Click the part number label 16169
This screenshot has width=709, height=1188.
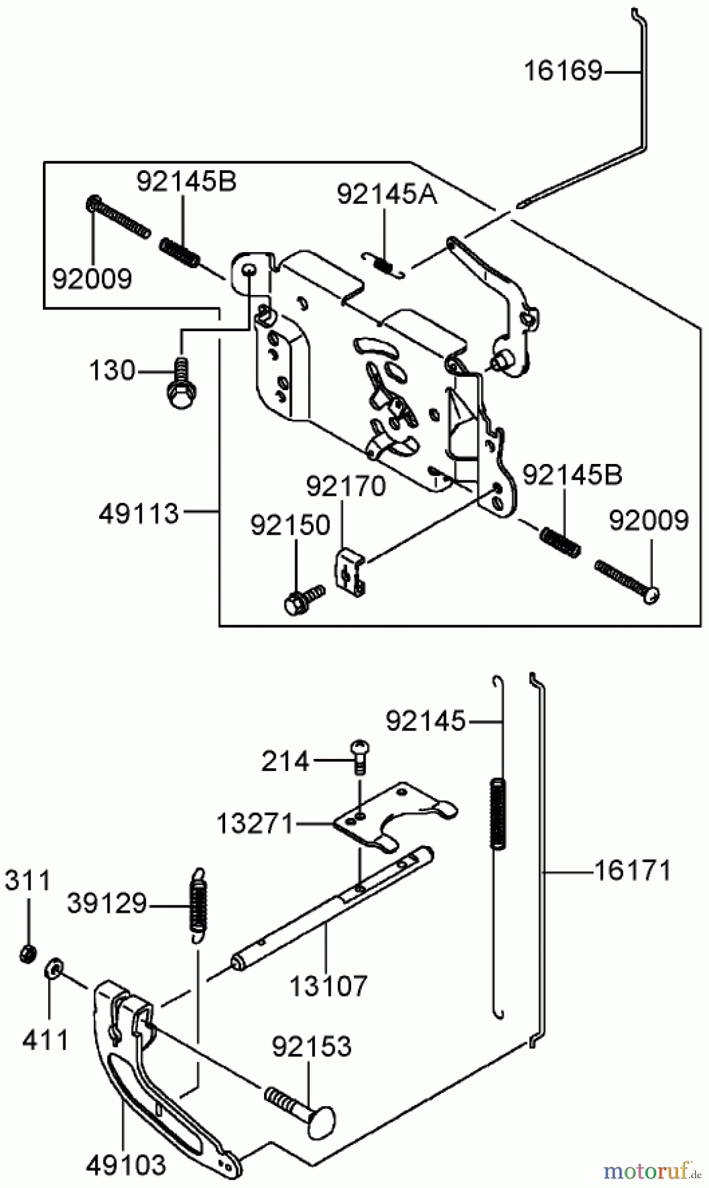click(x=563, y=71)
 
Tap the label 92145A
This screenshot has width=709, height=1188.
click(x=387, y=194)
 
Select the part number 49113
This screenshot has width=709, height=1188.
click(x=139, y=513)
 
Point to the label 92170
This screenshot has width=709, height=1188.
click(x=345, y=486)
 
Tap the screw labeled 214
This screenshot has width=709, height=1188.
click(x=360, y=756)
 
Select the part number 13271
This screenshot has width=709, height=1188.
click(x=254, y=823)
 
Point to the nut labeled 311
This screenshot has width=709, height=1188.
click(x=27, y=953)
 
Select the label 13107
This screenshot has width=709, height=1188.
click(x=328, y=987)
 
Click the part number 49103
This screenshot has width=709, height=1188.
click(x=126, y=1165)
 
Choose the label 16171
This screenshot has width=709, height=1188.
click(x=632, y=871)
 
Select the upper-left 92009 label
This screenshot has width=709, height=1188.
click(x=92, y=279)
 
